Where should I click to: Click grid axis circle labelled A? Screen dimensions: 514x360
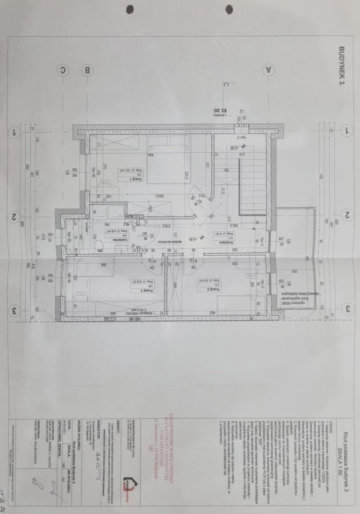pyautogui.click(x=268, y=70)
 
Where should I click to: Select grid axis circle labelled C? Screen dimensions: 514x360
pyautogui.click(x=63, y=71)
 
